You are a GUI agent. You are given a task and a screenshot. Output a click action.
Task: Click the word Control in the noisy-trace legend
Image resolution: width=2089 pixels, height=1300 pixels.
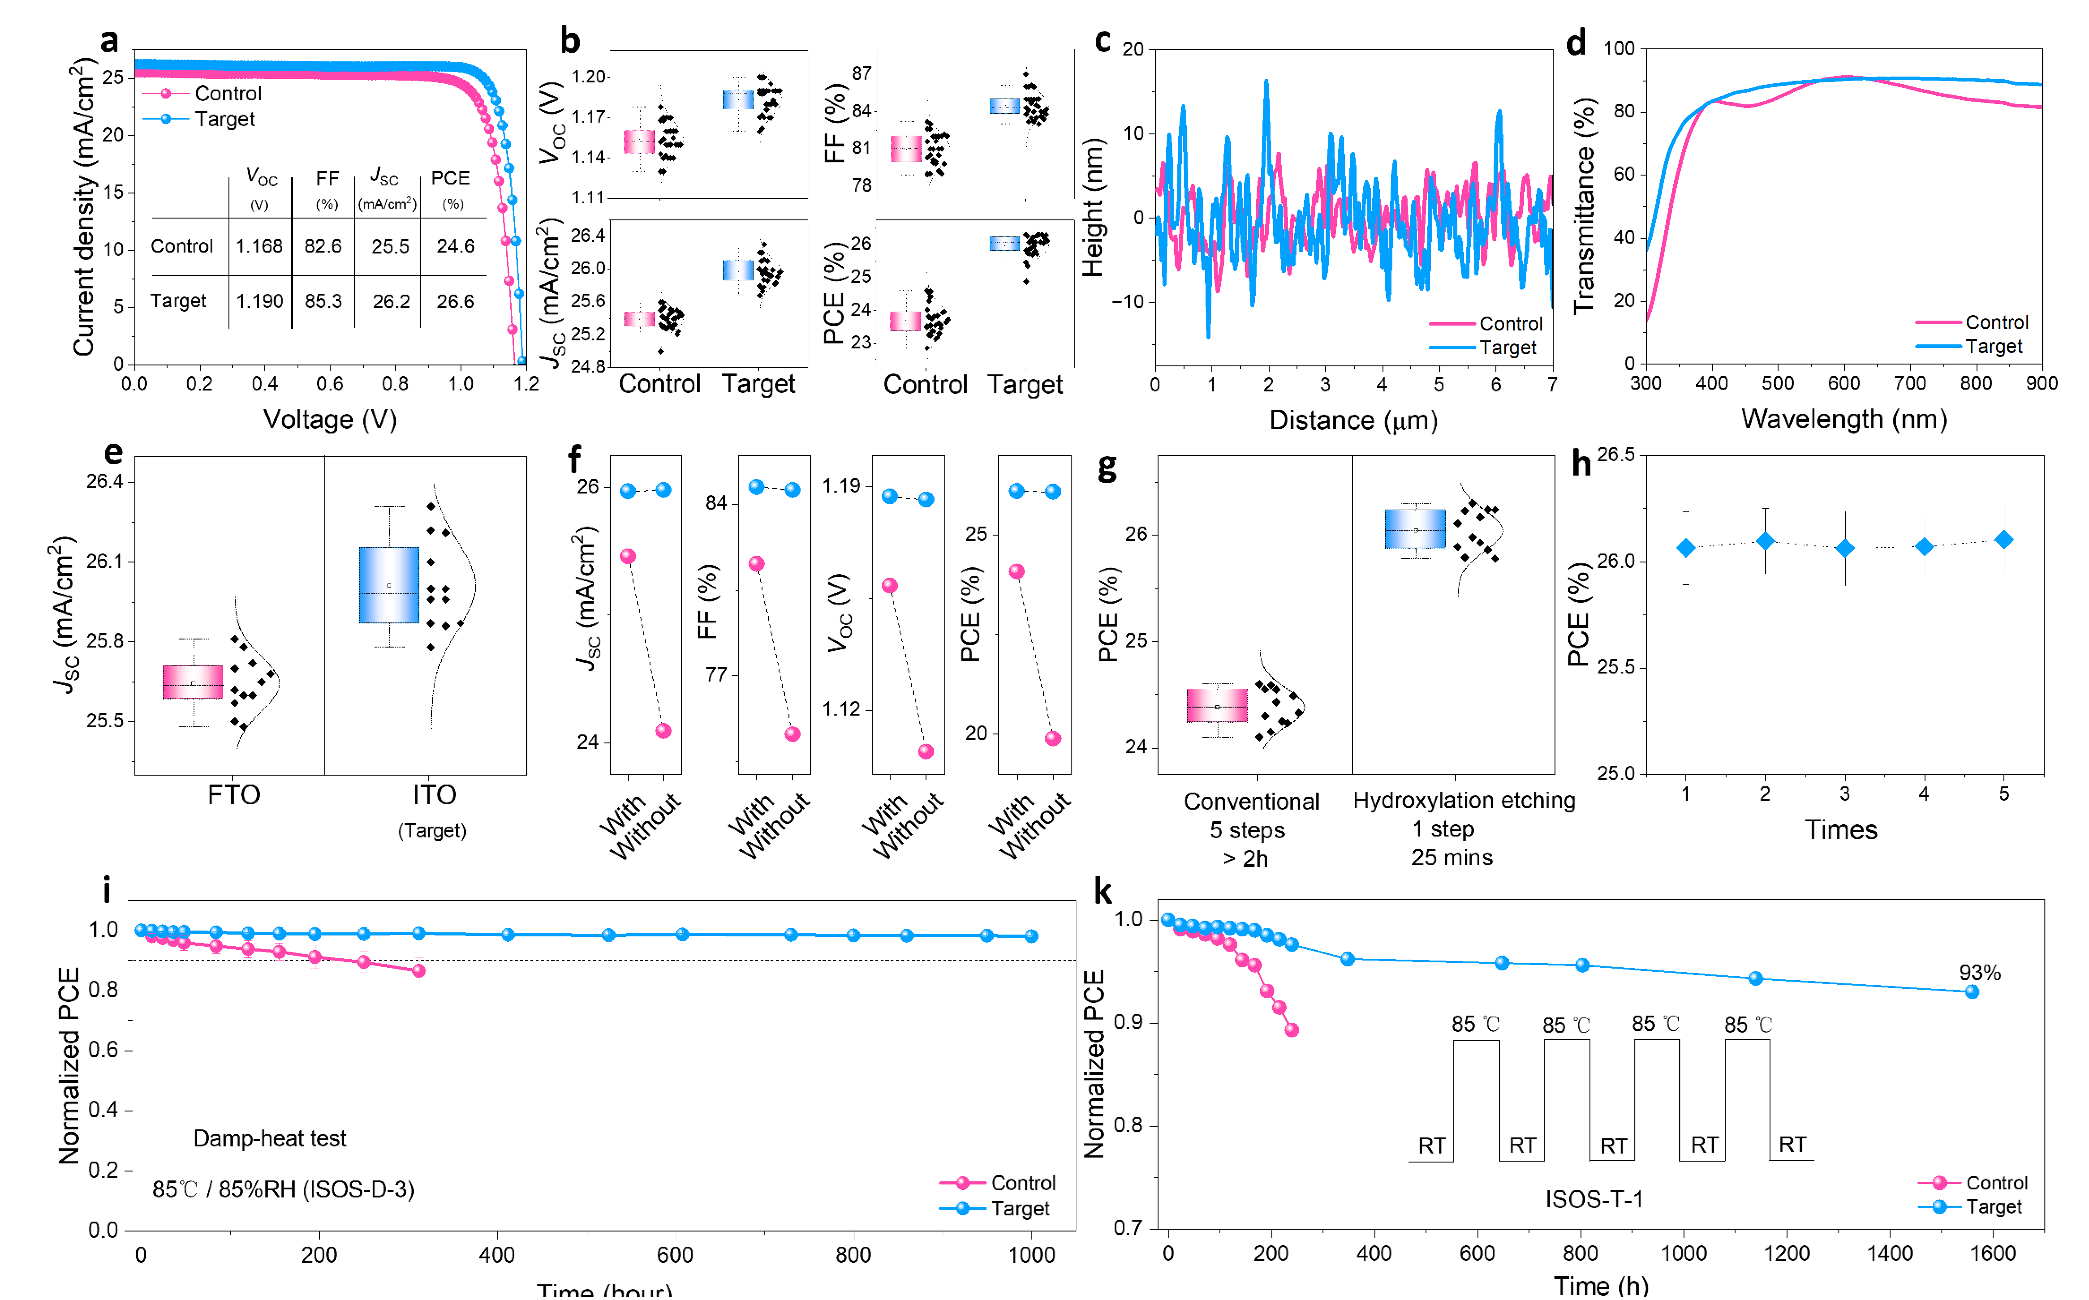1511,324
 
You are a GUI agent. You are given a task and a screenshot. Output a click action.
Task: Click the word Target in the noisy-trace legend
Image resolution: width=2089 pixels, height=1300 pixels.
1508,348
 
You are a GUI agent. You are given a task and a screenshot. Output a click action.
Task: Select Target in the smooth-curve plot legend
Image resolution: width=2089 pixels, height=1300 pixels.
1994,347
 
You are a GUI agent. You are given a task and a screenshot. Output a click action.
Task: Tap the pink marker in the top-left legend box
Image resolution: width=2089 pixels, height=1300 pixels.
166,94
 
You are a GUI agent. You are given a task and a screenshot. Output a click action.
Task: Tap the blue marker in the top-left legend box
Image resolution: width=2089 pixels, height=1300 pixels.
166,119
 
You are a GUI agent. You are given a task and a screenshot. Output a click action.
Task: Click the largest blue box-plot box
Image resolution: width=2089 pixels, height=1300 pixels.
389,585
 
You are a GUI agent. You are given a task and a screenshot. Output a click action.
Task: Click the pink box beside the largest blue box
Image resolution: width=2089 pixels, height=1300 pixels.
193,682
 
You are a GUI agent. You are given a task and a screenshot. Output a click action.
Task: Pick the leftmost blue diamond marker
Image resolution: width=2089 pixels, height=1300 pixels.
1686,548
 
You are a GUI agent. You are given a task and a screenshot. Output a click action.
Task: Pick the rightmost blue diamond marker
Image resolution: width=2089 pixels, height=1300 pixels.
2004,539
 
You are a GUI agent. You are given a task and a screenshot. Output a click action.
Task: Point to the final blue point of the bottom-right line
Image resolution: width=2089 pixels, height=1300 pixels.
1972,991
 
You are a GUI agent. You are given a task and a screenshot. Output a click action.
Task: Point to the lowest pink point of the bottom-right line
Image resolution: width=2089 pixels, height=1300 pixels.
1291,1029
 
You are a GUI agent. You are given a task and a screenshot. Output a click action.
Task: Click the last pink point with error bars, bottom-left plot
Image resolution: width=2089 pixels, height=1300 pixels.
419,971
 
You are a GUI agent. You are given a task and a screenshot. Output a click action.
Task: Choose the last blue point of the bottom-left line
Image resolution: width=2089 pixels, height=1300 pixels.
1031,936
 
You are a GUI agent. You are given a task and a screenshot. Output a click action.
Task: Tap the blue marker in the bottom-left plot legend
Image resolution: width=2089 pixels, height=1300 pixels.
962,1208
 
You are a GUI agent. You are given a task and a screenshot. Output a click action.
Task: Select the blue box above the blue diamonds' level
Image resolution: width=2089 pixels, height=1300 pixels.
1415,529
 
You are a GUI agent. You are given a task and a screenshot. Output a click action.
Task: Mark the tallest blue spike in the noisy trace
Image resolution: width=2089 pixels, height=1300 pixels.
1266,82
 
